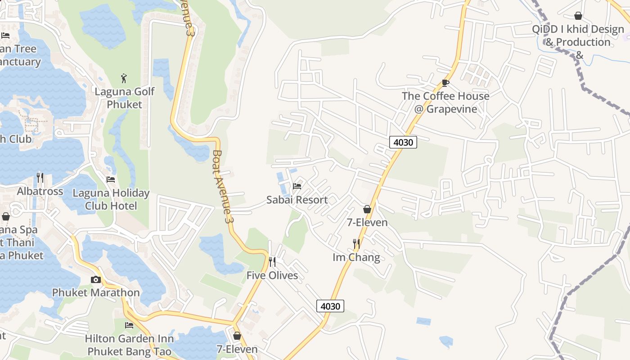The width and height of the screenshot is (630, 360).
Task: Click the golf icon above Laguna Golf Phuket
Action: (124, 78)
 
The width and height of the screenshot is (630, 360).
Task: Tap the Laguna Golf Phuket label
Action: (124, 98)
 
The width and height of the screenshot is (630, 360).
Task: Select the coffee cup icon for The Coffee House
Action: (445, 83)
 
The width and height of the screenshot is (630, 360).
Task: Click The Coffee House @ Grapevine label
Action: (445, 103)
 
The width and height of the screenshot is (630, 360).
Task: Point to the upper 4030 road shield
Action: (403, 142)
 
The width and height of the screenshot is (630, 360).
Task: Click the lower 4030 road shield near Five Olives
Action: (330, 306)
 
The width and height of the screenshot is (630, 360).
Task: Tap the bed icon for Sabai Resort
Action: (297, 186)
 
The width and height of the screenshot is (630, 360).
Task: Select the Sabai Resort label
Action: (297, 200)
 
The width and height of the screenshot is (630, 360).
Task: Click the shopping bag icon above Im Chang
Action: (367, 209)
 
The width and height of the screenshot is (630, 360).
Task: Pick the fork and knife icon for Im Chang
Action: (356, 243)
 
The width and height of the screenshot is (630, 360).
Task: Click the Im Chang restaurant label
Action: (356, 257)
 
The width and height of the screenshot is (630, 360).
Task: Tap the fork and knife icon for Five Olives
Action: (272, 261)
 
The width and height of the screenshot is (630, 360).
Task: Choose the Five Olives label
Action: (272, 275)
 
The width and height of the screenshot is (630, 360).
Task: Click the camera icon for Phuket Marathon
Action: (96, 279)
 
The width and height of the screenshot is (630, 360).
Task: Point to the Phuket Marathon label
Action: (96, 292)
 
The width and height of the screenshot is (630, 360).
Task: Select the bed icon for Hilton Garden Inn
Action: (129, 325)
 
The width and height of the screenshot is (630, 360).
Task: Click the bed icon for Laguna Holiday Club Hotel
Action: (111, 180)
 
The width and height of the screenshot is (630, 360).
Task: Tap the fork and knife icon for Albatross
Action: (40, 178)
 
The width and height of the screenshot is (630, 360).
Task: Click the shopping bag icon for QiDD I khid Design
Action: (578, 16)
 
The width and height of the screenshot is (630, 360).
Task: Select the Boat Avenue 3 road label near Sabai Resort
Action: (224, 187)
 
